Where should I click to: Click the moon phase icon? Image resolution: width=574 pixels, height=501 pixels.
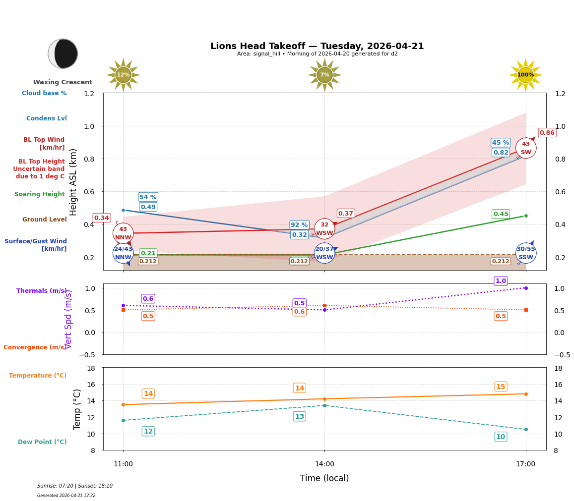coord(63,54)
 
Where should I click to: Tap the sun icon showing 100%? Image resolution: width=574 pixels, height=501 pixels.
coord(525,75)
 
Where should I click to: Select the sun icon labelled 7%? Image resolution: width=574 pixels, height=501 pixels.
coord(324,75)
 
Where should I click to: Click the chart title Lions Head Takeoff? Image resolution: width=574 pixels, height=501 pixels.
coord(317,46)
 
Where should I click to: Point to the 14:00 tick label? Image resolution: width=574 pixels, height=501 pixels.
coord(324,464)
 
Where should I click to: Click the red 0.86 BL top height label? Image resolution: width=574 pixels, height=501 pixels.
coord(547,132)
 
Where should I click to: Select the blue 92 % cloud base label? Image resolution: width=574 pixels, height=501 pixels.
coord(299,225)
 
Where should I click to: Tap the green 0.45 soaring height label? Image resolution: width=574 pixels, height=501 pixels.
coord(501,214)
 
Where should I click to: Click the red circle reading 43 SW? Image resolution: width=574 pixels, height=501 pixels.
coord(526,148)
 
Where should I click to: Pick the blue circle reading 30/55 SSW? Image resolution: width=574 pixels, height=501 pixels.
coord(526,253)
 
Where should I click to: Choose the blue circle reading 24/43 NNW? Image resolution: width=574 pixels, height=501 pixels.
coord(123,253)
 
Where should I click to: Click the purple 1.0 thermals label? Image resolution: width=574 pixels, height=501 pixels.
coord(501,281)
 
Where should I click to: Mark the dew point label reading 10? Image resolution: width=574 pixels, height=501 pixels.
coord(501,437)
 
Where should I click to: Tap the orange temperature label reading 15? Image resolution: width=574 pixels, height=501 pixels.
coord(501,387)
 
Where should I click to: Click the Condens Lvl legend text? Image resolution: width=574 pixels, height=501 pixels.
coord(46,118)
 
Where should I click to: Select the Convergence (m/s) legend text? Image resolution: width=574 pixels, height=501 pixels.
coord(35,347)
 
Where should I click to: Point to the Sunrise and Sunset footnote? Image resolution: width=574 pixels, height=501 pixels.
coord(74,486)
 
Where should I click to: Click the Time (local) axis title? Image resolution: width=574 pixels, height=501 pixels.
coord(324,478)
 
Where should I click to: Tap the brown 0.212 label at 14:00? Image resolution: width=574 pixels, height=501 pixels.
coord(299,261)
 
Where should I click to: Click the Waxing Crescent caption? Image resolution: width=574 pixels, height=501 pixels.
coord(63,82)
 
